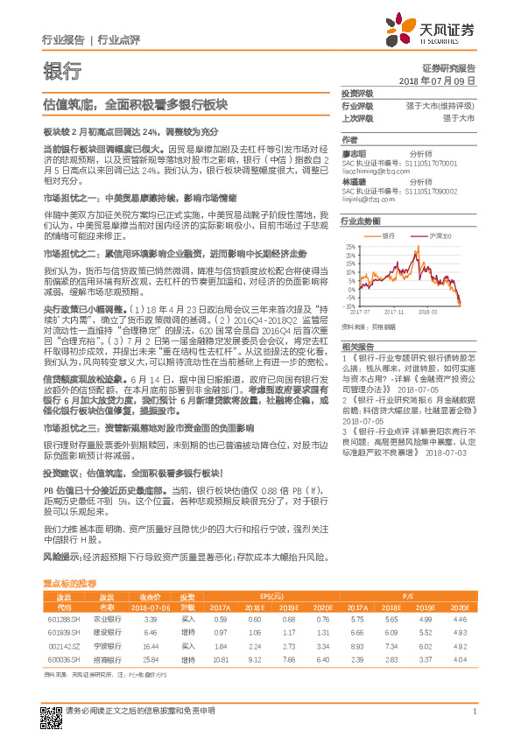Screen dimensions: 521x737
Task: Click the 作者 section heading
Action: tap(349, 139)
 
